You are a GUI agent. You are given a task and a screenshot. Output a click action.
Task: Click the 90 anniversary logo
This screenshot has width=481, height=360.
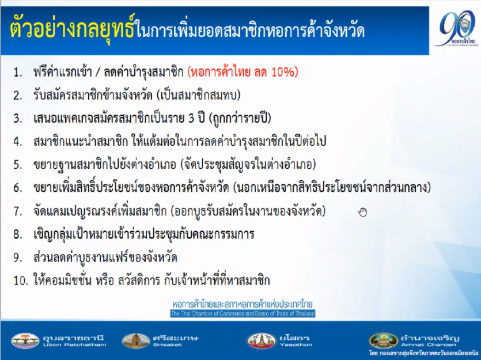[x=455, y=28]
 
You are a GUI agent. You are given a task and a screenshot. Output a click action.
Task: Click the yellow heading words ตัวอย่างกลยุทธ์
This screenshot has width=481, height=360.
[x=72, y=29]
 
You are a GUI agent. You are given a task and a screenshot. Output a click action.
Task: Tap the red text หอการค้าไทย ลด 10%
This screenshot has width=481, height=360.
[x=243, y=72]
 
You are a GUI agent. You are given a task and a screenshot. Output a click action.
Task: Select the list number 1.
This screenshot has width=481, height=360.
[x=17, y=73]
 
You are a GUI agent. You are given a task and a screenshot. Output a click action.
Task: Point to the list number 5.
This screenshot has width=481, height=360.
[x=17, y=165]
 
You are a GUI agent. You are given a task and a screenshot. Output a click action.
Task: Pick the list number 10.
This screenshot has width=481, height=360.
[x=21, y=281]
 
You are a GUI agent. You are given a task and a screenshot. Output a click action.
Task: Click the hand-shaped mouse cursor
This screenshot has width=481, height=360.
[x=363, y=212]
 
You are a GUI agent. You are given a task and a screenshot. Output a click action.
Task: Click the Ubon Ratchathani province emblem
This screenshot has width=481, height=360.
[x=25, y=340]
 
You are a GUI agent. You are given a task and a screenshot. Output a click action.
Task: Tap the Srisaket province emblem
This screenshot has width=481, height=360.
[x=135, y=340]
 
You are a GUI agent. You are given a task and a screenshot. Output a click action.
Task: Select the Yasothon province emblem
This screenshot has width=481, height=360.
[x=262, y=340]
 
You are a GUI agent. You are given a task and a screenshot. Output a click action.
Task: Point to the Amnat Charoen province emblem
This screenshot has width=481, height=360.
[x=384, y=340]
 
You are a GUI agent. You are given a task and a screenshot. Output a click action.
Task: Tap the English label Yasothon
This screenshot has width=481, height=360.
[x=296, y=344]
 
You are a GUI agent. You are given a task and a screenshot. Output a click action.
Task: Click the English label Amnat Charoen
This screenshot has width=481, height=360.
[x=429, y=344]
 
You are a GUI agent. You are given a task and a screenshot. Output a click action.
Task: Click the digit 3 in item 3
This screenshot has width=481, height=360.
[x=191, y=119]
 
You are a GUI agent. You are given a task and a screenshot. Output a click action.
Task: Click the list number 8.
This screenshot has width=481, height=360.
[x=17, y=234]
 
